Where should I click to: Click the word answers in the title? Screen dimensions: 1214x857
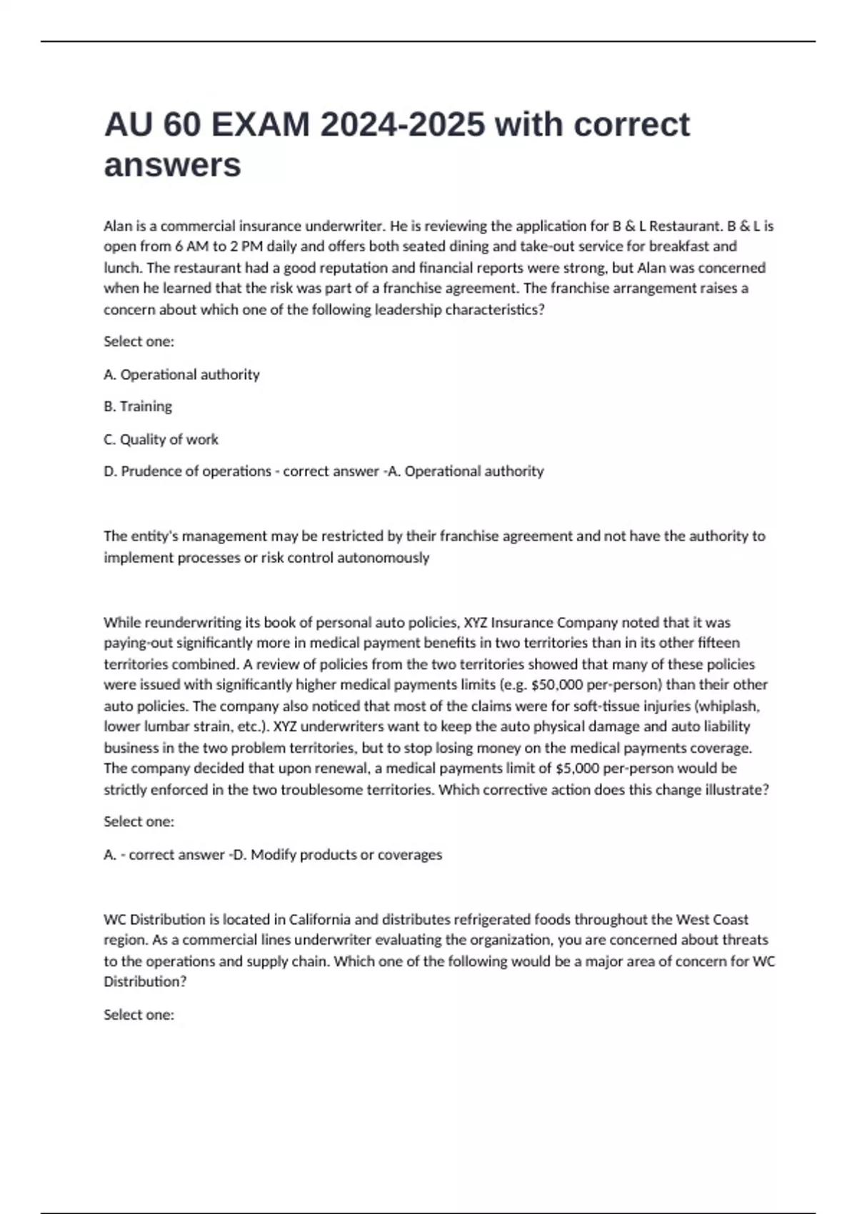click(172, 166)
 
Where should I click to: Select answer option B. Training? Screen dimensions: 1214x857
click(138, 406)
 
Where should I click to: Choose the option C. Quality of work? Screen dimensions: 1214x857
click(161, 439)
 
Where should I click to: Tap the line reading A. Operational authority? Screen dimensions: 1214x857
click(181, 374)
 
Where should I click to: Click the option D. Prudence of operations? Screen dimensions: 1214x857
click(187, 471)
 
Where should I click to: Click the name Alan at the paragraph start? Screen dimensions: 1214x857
click(118, 226)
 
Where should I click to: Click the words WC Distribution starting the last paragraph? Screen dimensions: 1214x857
click(154, 919)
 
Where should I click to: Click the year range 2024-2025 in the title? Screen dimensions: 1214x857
click(402, 125)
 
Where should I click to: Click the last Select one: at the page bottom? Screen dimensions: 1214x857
click(139, 1015)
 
